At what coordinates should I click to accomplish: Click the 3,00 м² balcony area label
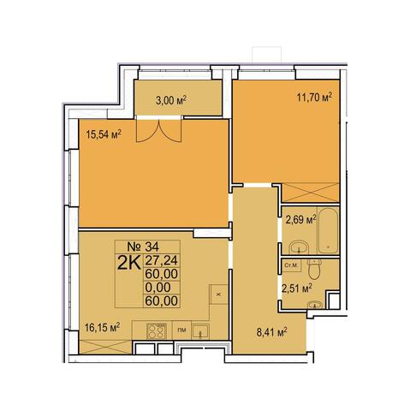pos(171,100)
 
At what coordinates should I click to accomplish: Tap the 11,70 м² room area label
pos(315,98)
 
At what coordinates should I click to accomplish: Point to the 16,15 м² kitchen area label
pos(102,328)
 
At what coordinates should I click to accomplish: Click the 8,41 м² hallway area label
pos(271,332)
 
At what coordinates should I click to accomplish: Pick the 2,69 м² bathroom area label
pos(300,220)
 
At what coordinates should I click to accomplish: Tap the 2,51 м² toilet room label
pos(296,288)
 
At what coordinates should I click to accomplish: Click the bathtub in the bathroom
pos(328,230)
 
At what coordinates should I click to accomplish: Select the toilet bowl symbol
pos(314,269)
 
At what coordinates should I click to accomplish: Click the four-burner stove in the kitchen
pos(156,331)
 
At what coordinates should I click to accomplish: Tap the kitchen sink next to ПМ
pos(200,331)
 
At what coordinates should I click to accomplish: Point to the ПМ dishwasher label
pos(181,330)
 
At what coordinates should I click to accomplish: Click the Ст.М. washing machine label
pos(291,265)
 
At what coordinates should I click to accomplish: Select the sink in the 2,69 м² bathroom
pos(299,247)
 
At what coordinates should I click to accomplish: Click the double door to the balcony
pos(158,130)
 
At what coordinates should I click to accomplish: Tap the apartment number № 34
pos(147,246)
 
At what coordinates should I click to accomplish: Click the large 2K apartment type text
pos(129,263)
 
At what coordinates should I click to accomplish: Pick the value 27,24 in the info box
pos(162,260)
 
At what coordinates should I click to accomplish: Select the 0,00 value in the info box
pos(157,288)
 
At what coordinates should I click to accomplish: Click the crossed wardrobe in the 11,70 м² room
pos(311,193)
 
